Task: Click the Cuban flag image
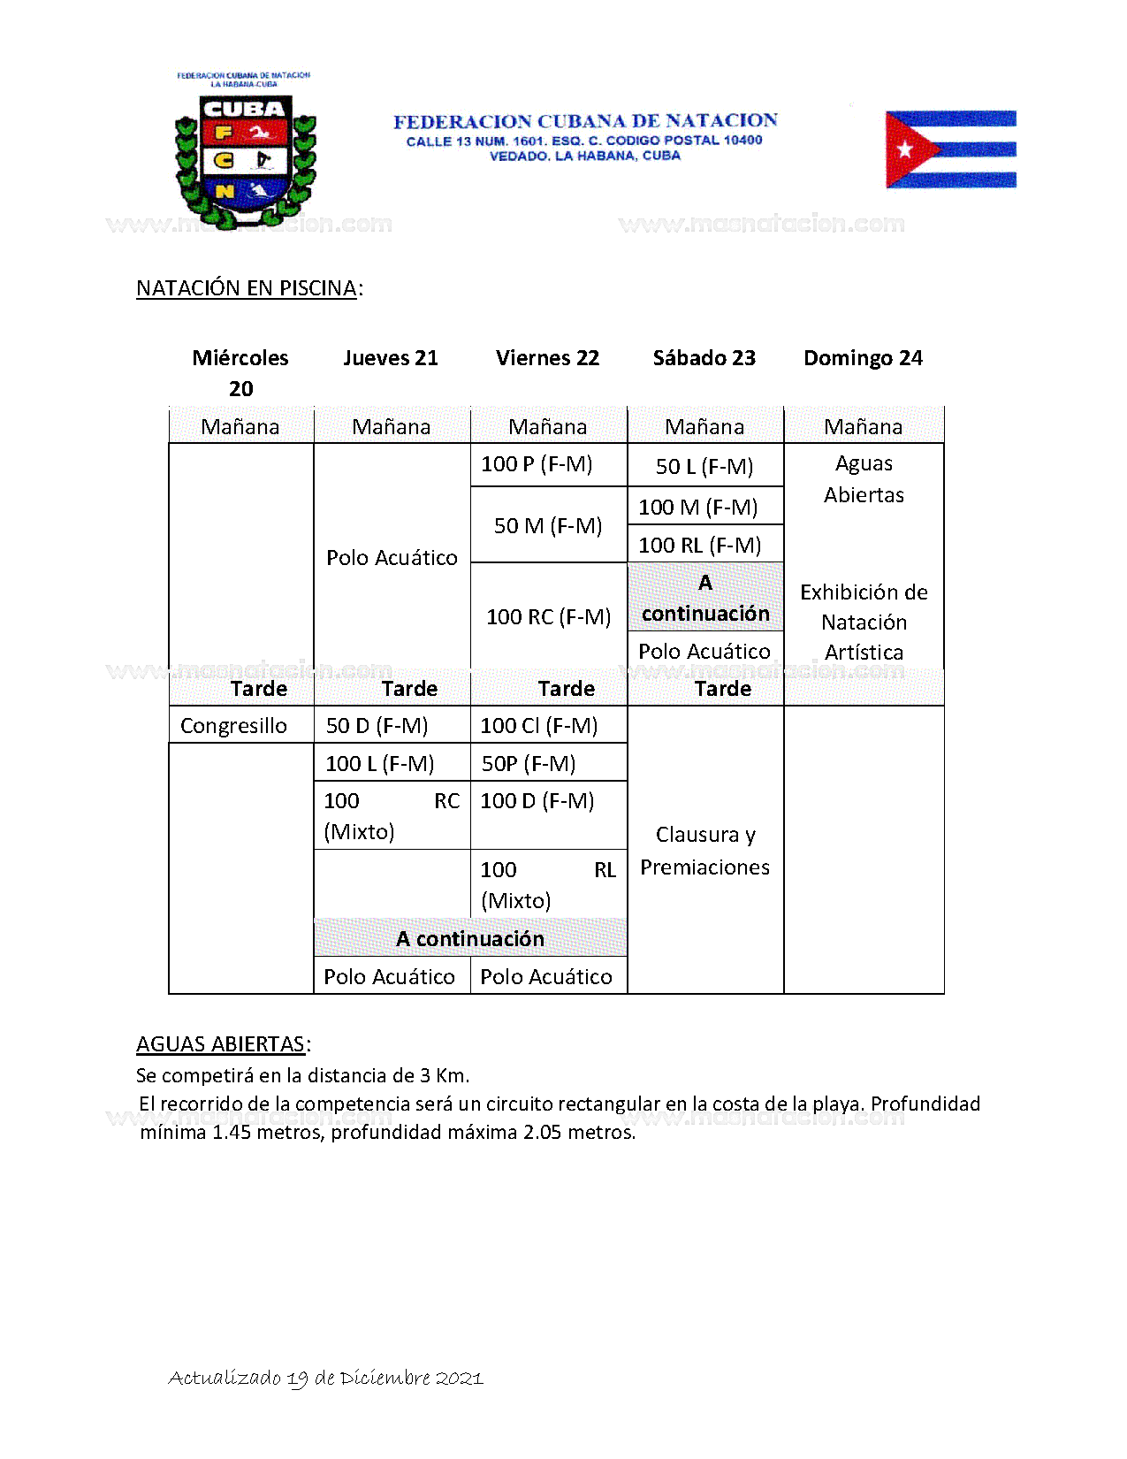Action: click(x=950, y=149)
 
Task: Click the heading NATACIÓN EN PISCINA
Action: click(x=247, y=288)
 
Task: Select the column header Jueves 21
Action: click(x=391, y=358)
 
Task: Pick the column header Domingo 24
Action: click(x=863, y=358)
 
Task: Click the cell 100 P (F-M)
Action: click(x=537, y=464)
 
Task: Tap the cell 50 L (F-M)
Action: click(x=704, y=467)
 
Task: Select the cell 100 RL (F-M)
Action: click(x=700, y=546)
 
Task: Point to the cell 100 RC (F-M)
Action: click(x=548, y=617)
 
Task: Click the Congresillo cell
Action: click(x=233, y=726)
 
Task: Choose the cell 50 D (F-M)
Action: click(x=377, y=726)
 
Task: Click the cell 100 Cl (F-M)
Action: click(x=538, y=726)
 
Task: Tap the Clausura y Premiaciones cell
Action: click(x=704, y=851)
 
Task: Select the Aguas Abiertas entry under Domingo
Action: click(x=864, y=479)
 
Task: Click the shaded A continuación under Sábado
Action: click(x=705, y=599)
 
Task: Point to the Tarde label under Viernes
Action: click(x=566, y=689)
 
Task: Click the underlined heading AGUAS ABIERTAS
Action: click(x=220, y=1044)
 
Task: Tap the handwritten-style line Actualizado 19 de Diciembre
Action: click(x=325, y=1378)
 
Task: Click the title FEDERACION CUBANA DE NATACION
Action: click(x=585, y=121)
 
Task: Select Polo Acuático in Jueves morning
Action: click(x=392, y=558)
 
